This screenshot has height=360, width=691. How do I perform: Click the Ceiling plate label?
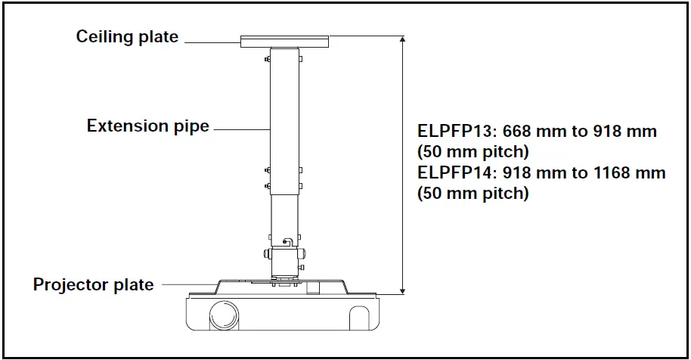pyautogui.click(x=127, y=36)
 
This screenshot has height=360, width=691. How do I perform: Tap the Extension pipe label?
pyautogui.click(x=147, y=126)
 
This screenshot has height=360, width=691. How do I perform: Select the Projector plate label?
pyautogui.click(x=93, y=285)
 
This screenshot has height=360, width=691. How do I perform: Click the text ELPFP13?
pyautogui.click(x=452, y=131)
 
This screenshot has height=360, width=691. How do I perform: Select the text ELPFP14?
pyautogui.click(x=452, y=173)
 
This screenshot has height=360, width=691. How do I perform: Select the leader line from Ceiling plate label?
pyautogui.click(x=212, y=43)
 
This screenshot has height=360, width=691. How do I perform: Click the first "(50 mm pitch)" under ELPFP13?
pyautogui.click(x=473, y=151)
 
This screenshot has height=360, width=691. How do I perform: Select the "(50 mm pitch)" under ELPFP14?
pyautogui.click(x=473, y=193)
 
